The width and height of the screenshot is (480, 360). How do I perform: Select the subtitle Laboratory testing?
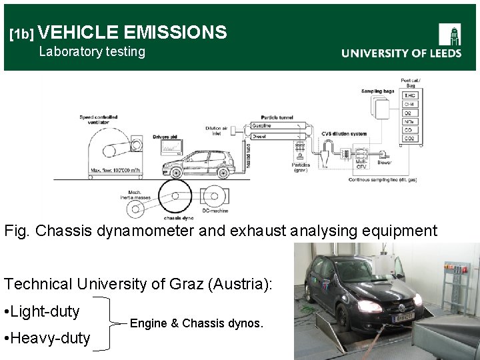92,51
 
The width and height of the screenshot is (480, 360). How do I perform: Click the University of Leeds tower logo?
450,35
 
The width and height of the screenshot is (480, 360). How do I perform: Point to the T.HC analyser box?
409,95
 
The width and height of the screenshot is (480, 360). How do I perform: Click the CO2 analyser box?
409,138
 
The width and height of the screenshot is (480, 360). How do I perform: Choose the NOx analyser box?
409,121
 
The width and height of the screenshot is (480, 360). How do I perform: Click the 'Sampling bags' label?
377,91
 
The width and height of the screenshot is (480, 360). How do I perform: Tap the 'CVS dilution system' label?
343,134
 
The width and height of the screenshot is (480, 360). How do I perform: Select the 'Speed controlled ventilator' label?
99,120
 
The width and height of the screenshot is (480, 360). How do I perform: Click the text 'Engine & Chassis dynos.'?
197,323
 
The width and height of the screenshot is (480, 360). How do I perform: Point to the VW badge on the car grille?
401,307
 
